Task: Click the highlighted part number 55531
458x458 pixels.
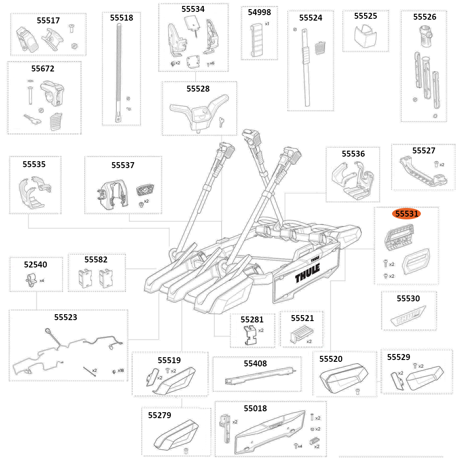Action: click(408, 213)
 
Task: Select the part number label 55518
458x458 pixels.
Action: click(121, 18)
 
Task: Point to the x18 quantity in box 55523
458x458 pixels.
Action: click(120, 370)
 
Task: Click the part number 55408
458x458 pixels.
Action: click(255, 364)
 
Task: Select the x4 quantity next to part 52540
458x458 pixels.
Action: click(42, 280)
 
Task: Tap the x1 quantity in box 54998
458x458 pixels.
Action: click(267, 23)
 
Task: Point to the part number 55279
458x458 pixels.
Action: click(159, 415)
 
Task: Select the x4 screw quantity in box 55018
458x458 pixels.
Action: click(300, 446)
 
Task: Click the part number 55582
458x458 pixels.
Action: click(96, 260)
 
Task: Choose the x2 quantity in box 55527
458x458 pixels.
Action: click(442, 164)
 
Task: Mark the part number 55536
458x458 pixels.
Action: click(353, 154)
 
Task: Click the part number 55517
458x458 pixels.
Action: click(48, 21)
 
